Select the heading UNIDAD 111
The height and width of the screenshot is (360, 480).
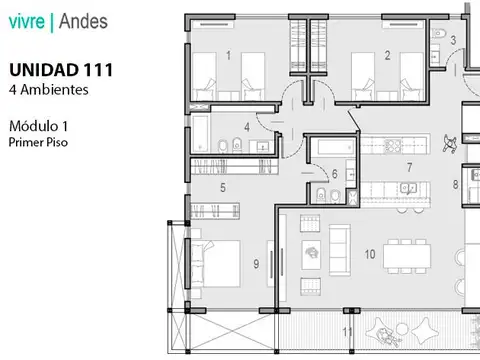click(x=60, y=70)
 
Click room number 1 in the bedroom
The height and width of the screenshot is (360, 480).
click(x=229, y=56)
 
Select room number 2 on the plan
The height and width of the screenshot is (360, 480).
click(x=387, y=56)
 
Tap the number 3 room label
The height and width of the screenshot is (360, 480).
click(x=453, y=41)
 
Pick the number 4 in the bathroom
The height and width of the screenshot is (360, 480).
click(x=246, y=128)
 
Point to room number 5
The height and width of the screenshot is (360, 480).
click(x=222, y=187)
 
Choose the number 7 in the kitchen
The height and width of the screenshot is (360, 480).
click(x=408, y=167)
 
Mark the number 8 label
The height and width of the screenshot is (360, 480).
click(x=455, y=185)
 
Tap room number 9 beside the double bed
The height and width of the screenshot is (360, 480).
click(x=257, y=264)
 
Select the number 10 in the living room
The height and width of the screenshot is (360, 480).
click(x=370, y=255)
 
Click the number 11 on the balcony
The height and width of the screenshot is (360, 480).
click(x=348, y=331)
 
